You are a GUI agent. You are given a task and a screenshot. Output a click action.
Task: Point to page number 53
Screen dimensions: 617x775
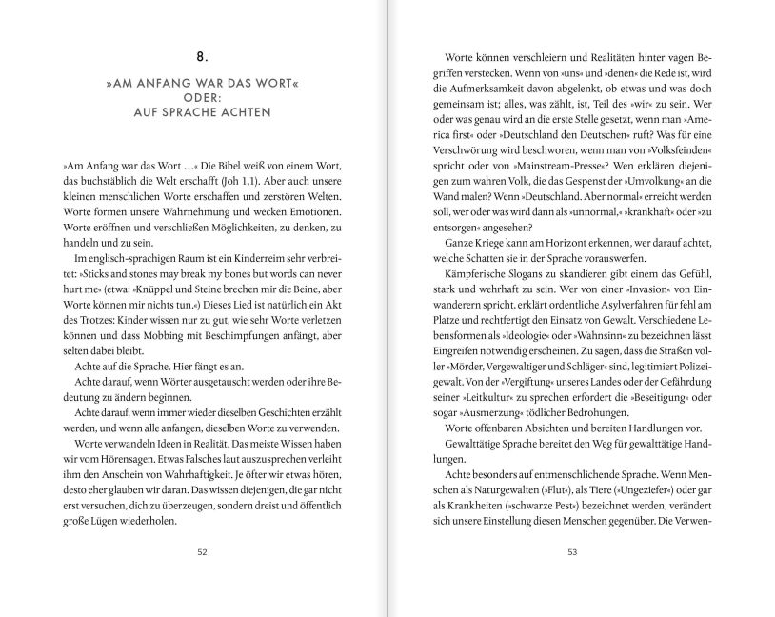pos(572,550)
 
